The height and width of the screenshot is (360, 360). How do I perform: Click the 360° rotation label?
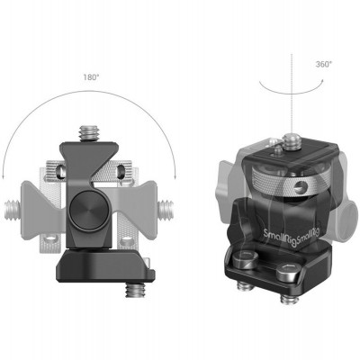tap(299, 65)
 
